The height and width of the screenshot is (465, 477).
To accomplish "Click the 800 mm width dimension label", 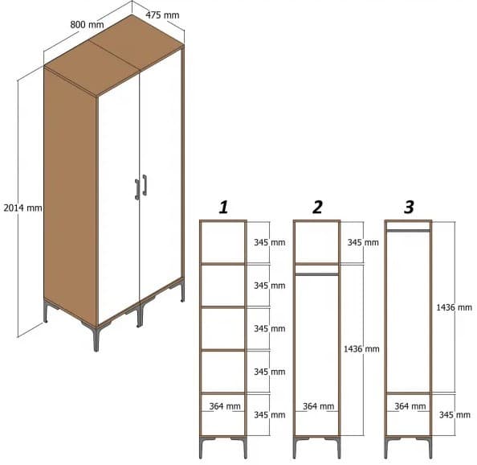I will (87, 24).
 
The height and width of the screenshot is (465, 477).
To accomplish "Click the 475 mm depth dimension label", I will (163, 15).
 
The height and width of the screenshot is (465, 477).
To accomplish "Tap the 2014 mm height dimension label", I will (22, 208).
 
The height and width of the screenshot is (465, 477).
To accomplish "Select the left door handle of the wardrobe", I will (137, 188).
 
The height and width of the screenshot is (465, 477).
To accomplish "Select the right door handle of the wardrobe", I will (145, 184).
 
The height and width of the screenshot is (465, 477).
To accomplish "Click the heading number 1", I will (223, 208).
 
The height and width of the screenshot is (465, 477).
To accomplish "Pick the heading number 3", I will (409, 208).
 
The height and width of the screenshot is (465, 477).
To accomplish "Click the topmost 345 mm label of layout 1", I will (269, 242).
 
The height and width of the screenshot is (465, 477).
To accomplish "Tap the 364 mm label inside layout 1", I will (226, 406).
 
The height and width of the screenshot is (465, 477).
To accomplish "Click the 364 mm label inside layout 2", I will (319, 406).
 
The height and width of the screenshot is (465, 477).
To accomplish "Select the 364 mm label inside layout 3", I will (410, 406).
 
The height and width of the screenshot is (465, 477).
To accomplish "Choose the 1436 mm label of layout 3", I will (454, 307).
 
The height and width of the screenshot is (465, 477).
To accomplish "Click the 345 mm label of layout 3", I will (454, 414).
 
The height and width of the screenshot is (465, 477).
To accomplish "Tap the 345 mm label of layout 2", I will (363, 242).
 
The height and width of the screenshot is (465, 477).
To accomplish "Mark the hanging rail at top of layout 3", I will (409, 230).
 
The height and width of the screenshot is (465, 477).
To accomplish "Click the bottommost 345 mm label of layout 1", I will (269, 414).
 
